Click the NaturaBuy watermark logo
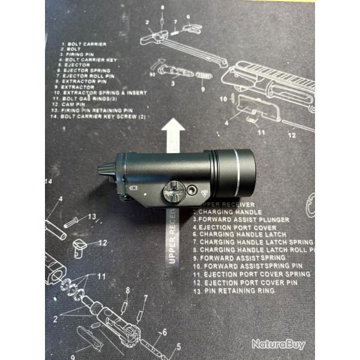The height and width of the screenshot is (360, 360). tap(278, 344)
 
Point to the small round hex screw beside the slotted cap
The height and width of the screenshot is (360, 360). tap(191, 189)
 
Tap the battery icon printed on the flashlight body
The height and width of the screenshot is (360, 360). tap(134, 188)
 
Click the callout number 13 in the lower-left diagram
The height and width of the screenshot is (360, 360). tap(92, 217)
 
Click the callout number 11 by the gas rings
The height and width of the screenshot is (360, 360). tap(101, 276)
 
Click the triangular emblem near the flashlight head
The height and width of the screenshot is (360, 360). tap(205, 193)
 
